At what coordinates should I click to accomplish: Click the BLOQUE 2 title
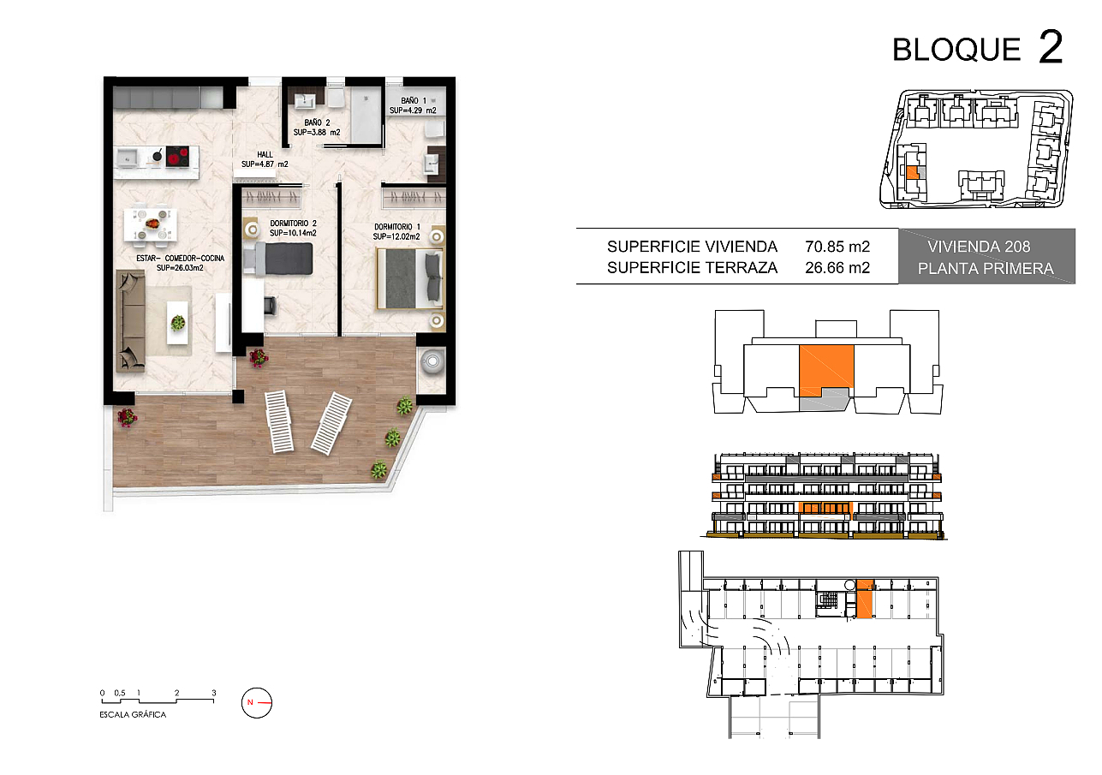[x=978, y=48]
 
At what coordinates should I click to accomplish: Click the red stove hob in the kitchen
[x=177, y=158]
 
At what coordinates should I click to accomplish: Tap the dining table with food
[x=150, y=225]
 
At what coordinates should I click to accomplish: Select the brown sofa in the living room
[x=130, y=321]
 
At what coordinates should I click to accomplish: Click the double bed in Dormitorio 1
[x=410, y=278]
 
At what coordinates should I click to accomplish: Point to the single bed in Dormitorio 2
[x=278, y=259]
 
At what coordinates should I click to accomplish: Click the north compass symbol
[x=256, y=703]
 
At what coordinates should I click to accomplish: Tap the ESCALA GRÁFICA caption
[x=133, y=714]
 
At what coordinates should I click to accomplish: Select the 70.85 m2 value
[x=837, y=246]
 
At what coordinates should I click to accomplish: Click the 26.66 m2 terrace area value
[x=837, y=268]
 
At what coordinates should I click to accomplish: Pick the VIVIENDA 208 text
[x=979, y=246]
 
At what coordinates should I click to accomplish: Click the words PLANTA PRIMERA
[x=986, y=269]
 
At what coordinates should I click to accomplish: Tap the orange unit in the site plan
[x=912, y=173]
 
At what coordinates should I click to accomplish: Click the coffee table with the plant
[x=177, y=322]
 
